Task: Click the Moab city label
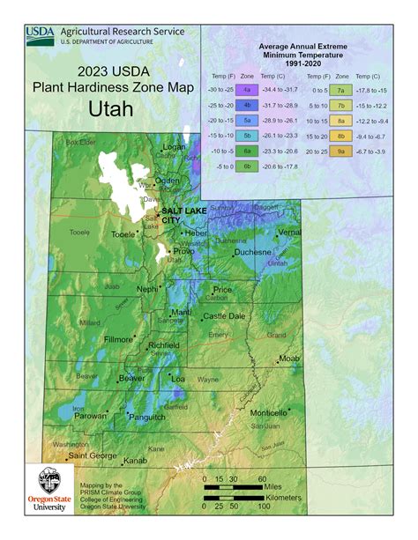289,359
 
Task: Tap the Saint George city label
92,455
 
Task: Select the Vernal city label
289,232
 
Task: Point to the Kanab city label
134,461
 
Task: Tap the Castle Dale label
224,316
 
